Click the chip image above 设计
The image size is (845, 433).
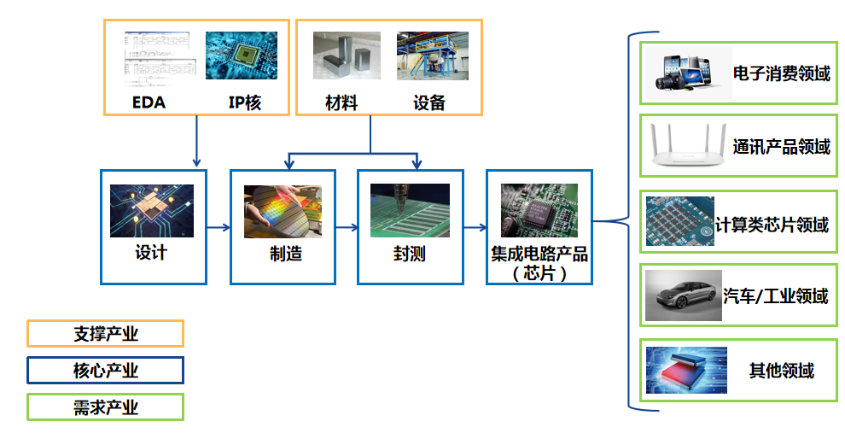pyautogui.click(x=152, y=211)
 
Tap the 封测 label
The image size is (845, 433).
pyautogui.click(x=410, y=254)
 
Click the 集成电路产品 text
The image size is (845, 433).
pyautogui.click(x=539, y=255)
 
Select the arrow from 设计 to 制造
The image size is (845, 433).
pyautogui.click(x=219, y=227)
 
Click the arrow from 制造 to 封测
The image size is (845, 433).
pyautogui.click(x=347, y=227)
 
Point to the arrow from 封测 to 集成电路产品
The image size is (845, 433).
pyautogui.click(x=475, y=227)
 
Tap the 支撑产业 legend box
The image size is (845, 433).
pyautogui.click(x=106, y=333)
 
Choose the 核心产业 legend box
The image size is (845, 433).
pyautogui.click(x=106, y=371)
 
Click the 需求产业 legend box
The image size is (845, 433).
pyautogui.click(x=106, y=407)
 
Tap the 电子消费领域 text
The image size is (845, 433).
pyautogui.click(x=781, y=73)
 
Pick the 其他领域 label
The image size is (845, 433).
pyautogui.click(x=781, y=371)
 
